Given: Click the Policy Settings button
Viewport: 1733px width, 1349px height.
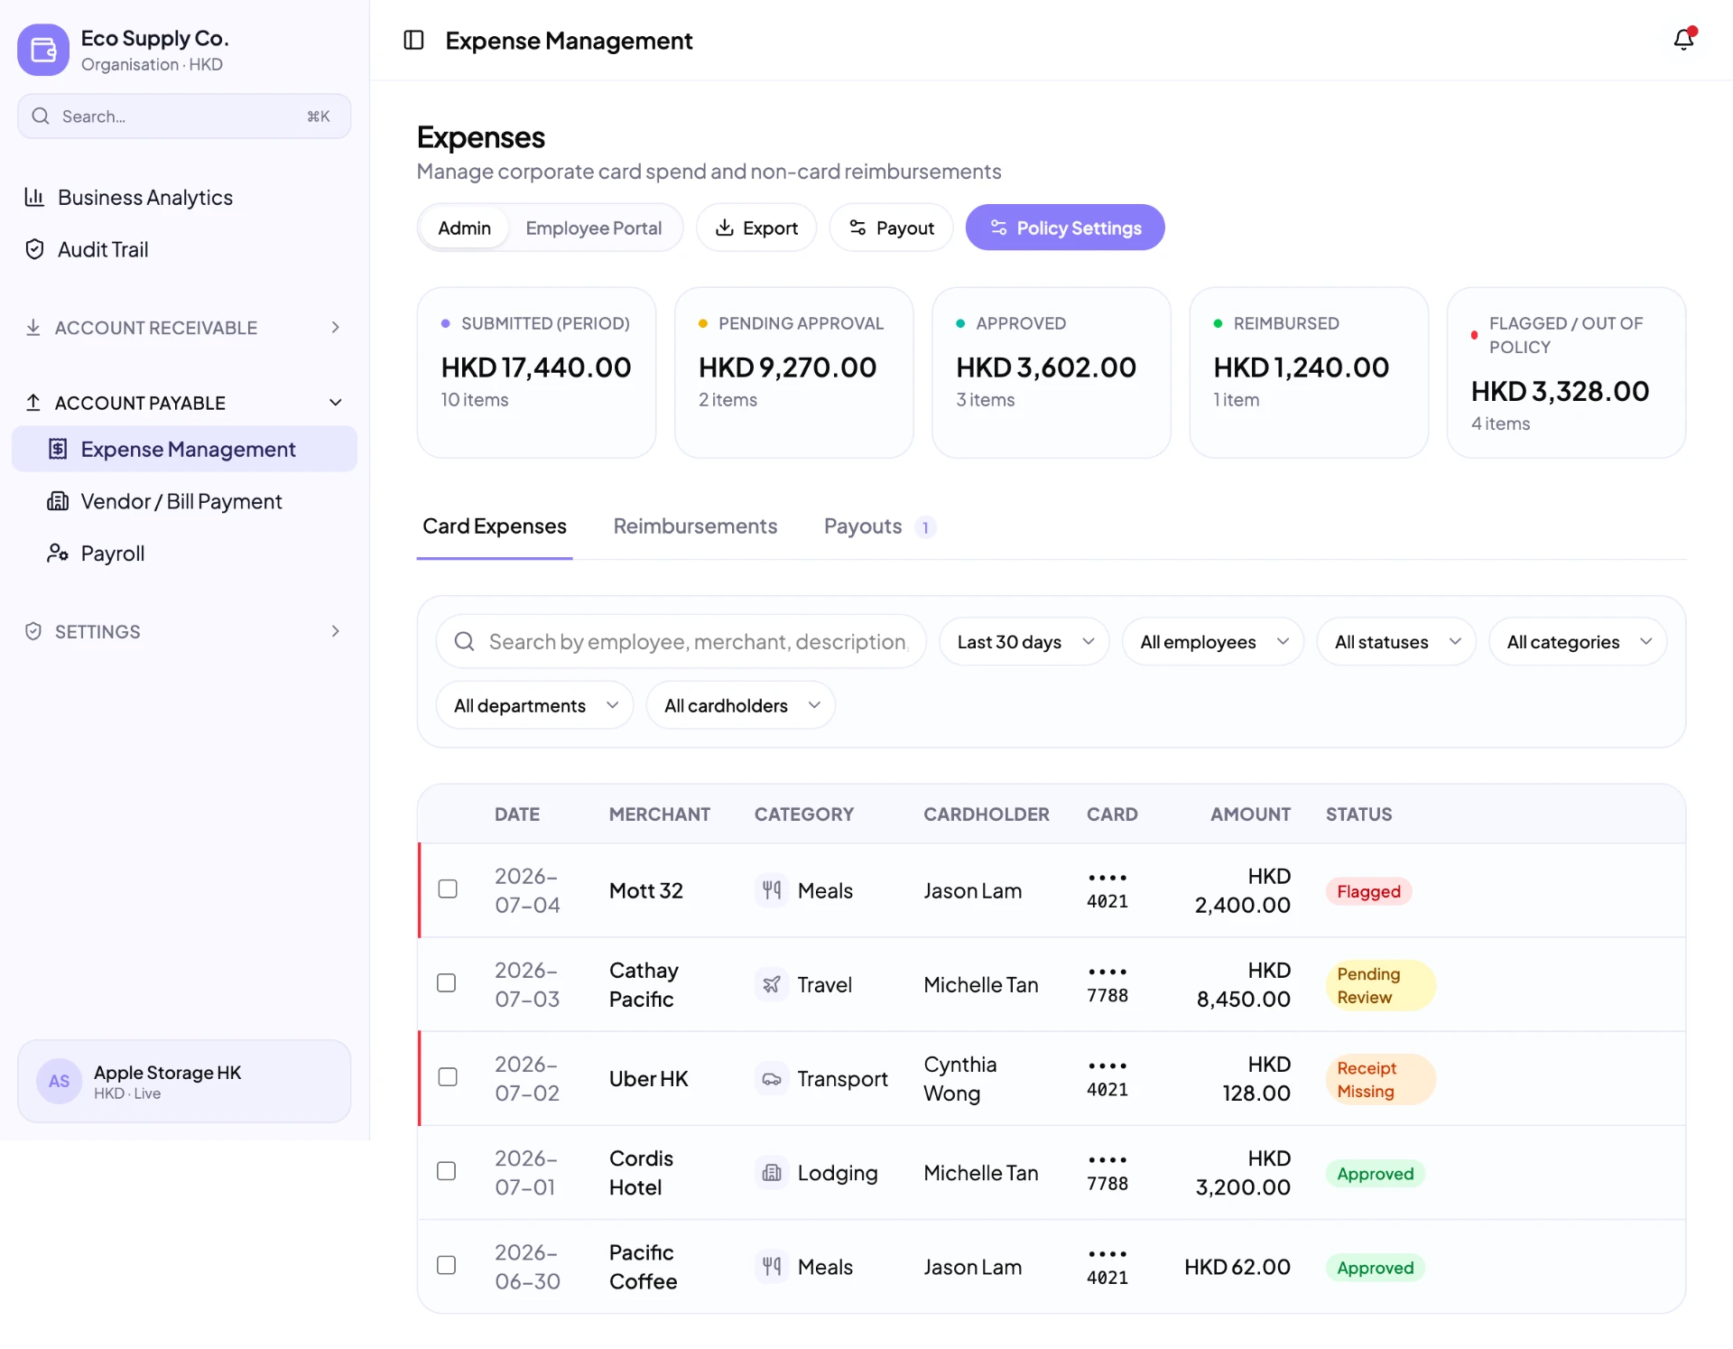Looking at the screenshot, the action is pos(1065,228).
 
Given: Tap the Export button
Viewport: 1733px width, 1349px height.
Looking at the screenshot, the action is pos(756,228).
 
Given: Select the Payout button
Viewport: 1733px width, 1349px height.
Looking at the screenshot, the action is pos(891,228).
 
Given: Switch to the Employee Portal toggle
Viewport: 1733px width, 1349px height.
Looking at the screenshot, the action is pos(593,228).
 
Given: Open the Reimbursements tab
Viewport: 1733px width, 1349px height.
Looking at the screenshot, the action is pos(695,526).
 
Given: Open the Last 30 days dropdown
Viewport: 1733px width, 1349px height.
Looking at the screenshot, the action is pos(1024,642).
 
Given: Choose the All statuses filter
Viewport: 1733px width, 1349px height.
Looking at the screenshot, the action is pos(1396,642).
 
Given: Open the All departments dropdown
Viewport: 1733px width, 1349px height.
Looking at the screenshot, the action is pos(534,705).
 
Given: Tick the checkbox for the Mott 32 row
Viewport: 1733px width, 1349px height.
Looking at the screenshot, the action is pos(447,889).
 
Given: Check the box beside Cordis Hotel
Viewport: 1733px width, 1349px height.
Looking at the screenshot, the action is pos(447,1171).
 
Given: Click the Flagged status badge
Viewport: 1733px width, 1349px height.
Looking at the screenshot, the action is pos(1368,891).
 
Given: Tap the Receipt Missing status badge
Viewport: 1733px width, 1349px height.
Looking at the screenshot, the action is pos(1380,1079).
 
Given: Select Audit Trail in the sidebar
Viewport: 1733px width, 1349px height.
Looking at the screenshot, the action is pos(103,249).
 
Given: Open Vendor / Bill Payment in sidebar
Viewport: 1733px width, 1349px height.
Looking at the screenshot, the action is pos(181,501).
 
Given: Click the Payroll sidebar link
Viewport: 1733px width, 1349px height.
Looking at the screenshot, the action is pos(112,554).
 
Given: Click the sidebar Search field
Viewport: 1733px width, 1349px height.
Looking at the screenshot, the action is pos(184,116).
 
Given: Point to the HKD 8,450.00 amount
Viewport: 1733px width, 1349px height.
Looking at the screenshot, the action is pos(1243,984).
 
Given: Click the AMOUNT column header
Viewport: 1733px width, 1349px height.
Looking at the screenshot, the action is pos(1250,814).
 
